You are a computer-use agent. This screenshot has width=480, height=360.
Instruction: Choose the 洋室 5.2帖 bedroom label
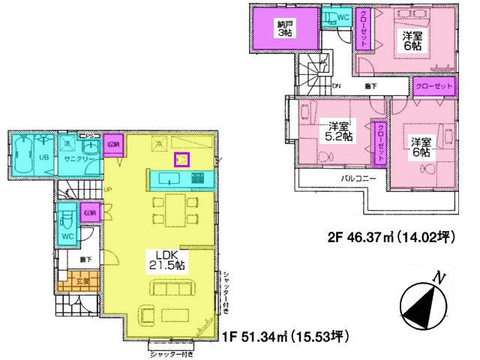click(x=335, y=132)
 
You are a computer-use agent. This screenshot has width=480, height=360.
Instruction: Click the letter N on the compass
click(x=442, y=279)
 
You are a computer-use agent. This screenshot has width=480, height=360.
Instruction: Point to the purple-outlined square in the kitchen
click(x=182, y=159)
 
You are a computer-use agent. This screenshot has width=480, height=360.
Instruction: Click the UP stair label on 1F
click(x=109, y=189)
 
